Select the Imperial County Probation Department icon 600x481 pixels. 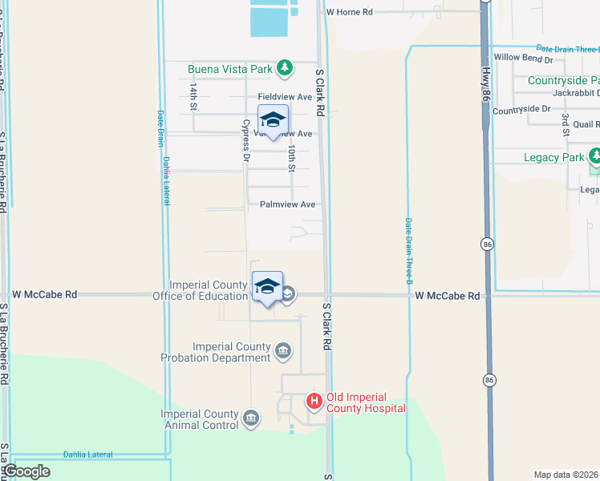tap(283, 350)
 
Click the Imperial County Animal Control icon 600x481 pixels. tap(251, 418)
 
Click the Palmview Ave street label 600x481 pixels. tap(287, 204)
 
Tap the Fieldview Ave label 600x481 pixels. tap(284, 97)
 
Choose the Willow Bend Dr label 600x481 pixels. tap(524, 59)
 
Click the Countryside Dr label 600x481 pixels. tap(521, 109)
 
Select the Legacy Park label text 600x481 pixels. tap(553, 157)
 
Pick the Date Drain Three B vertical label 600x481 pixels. tap(408, 252)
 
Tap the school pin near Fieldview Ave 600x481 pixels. tap(273, 121)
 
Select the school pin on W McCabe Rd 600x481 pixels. tap(267, 288)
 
